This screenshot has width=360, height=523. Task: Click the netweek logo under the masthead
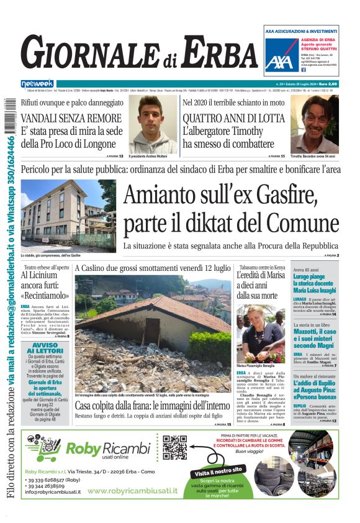[x=37, y=84]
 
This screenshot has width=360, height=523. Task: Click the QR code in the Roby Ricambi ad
[x=174, y=447]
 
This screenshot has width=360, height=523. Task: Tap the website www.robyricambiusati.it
[x=132, y=491]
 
